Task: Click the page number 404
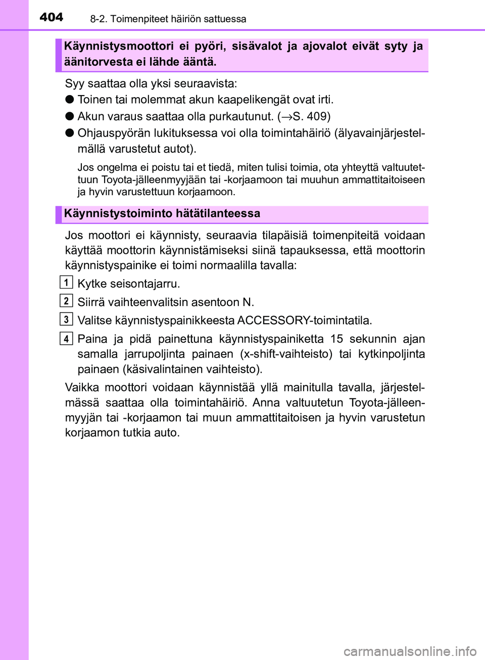pyautogui.click(x=51, y=17)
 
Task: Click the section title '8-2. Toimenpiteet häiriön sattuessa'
pyautogui.click(x=168, y=19)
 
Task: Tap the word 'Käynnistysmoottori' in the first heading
pyautogui.click(x=119, y=47)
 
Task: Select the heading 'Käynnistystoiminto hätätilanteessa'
pyautogui.click(x=162, y=213)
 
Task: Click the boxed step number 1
pyautogui.click(x=66, y=282)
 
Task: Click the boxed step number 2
pyautogui.click(x=66, y=301)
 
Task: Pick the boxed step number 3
pyautogui.click(x=66, y=319)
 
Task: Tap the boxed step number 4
pyautogui.click(x=66, y=338)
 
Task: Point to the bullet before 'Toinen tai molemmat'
pyautogui.click(x=69, y=100)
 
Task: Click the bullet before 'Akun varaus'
pyautogui.click(x=69, y=116)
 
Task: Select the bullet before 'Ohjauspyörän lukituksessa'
pyautogui.click(x=69, y=133)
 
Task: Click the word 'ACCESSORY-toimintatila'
pyautogui.click(x=304, y=321)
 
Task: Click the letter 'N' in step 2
pyautogui.click(x=247, y=302)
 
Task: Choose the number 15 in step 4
pyautogui.click(x=336, y=339)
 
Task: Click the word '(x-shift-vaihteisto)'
pyautogui.click(x=286, y=354)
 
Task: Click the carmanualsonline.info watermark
pyautogui.click(x=410, y=651)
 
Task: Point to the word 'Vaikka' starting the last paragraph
pyautogui.click(x=82, y=387)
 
